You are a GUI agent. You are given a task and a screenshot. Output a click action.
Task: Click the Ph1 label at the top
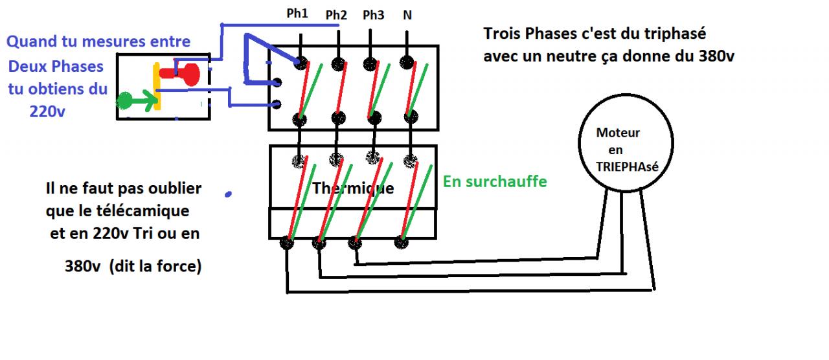point(297,14)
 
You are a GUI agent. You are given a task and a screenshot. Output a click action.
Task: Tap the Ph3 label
point(373,15)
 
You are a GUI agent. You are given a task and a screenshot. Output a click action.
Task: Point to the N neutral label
point(407,14)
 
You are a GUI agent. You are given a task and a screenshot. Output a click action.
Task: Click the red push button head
point(190,73)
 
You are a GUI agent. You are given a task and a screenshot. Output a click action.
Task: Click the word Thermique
point(353,188)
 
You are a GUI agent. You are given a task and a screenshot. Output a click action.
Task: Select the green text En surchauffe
point(495,181)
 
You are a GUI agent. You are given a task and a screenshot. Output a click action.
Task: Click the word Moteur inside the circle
point(618,133)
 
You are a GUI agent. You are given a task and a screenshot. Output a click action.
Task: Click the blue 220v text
point(47,111)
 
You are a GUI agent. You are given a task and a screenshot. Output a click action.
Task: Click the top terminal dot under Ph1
point(300,63)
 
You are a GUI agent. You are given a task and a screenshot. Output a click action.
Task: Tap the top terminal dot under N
point(407,62)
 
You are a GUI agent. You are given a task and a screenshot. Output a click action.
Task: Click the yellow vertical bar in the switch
point(156,87)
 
